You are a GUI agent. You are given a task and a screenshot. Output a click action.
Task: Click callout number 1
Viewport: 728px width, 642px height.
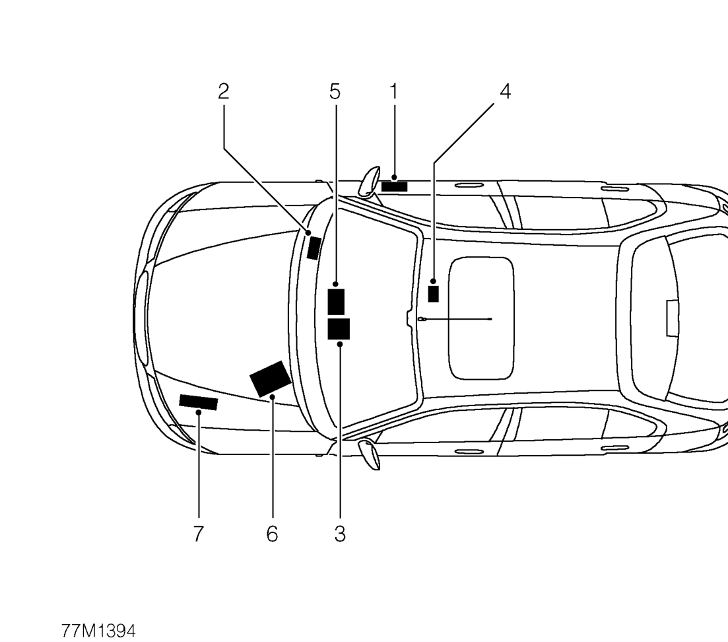pyautogui.click(x=394, y=92)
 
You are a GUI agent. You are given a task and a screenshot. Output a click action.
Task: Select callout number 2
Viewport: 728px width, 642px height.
pyautogui.click(x=223, y=92)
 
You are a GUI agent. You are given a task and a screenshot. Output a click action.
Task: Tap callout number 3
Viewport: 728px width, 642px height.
pyautogui.click(x=340, y=534)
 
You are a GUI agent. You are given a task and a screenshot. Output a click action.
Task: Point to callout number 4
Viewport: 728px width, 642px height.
pyautogui.click(x=505, y=92)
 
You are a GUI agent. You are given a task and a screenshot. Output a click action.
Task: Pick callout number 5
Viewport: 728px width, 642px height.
pyautogui.click(x=335, y=92)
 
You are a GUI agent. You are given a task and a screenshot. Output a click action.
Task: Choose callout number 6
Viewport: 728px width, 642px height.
pyautogui.click(x=272, y=534)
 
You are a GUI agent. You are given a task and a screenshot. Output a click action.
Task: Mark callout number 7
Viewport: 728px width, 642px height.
pyautogui.click(x=198, y=534)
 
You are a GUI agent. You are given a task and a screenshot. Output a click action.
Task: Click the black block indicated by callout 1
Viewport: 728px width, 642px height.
pyautogui.click(x=394, y=187)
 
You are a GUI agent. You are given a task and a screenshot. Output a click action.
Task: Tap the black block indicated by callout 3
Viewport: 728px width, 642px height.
pyautogui.click(x=339, y=329)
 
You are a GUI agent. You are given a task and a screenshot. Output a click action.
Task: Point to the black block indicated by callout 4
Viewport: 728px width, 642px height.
pyautogui.click(x=433, y=294)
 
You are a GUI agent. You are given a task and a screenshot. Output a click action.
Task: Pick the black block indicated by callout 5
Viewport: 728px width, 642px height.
pyautogui.click(x=336, y=302)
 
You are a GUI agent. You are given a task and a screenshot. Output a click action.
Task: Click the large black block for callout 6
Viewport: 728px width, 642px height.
pyautogui.click(x=271, y=379)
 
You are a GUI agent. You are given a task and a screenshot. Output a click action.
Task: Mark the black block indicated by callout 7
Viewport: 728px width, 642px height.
pyautogui.click(x=198, y=402)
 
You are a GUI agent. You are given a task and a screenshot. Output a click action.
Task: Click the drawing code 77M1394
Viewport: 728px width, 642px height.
pyautogui.click(x=98, y=631)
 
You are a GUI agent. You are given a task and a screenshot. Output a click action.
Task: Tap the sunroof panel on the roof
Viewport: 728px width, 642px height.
pyautogui.click(x=481, y=318)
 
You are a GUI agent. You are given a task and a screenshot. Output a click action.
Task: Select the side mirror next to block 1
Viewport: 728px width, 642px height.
pyautogui.click(x=370, y=181)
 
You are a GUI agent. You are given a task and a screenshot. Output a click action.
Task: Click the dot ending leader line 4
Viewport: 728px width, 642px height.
pyautogui.click(x=433, y=281)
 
